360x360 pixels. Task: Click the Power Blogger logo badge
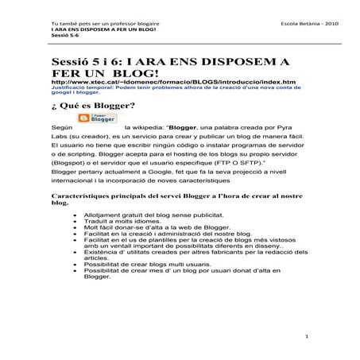click(96, 118)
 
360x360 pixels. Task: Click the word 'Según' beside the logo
click(60, 126)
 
